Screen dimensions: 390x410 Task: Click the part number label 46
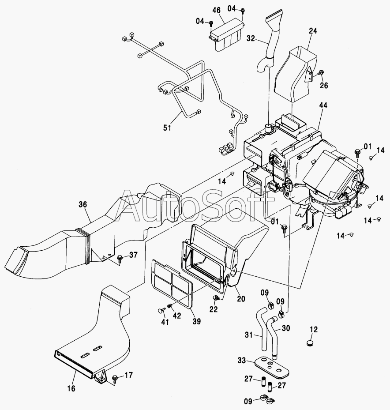[x=217, y=11]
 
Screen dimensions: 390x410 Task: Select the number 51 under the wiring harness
[x=167, y=128]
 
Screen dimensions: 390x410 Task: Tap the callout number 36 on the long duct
[x=83, y=204]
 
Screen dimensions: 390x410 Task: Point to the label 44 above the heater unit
[x=323, y=105]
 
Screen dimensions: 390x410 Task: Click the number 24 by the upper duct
[x=313, y=31]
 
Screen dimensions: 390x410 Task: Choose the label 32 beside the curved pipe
[x=251, y=38]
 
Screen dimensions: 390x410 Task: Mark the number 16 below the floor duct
[x=71, y=388]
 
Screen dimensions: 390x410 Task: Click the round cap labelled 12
[x=310, y=343]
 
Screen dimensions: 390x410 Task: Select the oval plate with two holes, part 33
[x=272, y=366]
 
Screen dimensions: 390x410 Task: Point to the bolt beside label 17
[x=115, y=378]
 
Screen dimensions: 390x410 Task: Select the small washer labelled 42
[x=170, y=306]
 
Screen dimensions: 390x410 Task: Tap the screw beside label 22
[x=216, y=297]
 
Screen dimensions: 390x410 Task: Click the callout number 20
[x=241, y=298]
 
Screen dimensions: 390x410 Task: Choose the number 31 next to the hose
[x=249, y=335]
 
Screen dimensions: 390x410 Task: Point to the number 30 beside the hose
[x=286, y=328]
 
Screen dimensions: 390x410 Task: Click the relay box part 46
[x=226, y=34]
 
